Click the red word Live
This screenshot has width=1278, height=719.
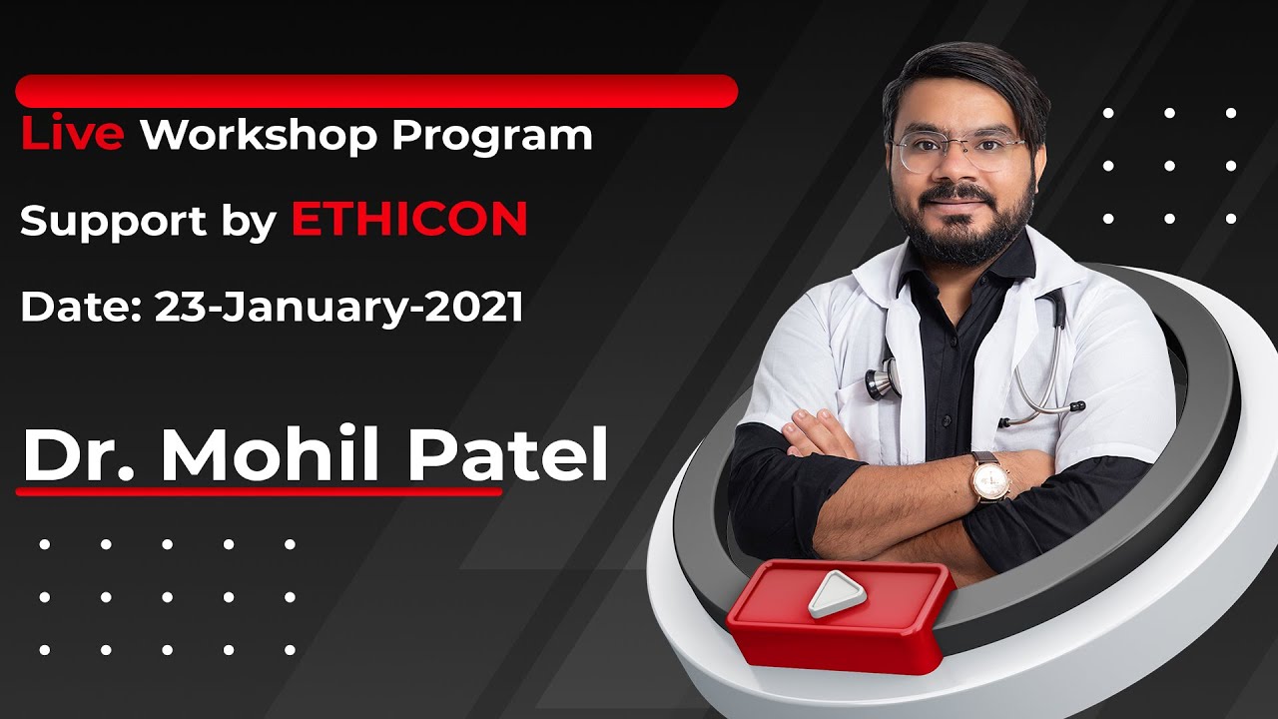pos(72,135)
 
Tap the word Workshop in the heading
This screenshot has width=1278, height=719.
pos(259,135)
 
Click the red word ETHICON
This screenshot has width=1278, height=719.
pos(409,221)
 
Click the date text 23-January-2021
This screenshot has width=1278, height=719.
pos(338,308)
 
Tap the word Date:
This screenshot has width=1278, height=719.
pos(80,308)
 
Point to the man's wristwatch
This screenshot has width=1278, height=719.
pos(990,477)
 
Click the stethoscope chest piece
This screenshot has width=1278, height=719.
pos(881,380)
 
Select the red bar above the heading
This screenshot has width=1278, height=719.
pos(376,91)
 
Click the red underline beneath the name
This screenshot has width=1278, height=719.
pos(260,491)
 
